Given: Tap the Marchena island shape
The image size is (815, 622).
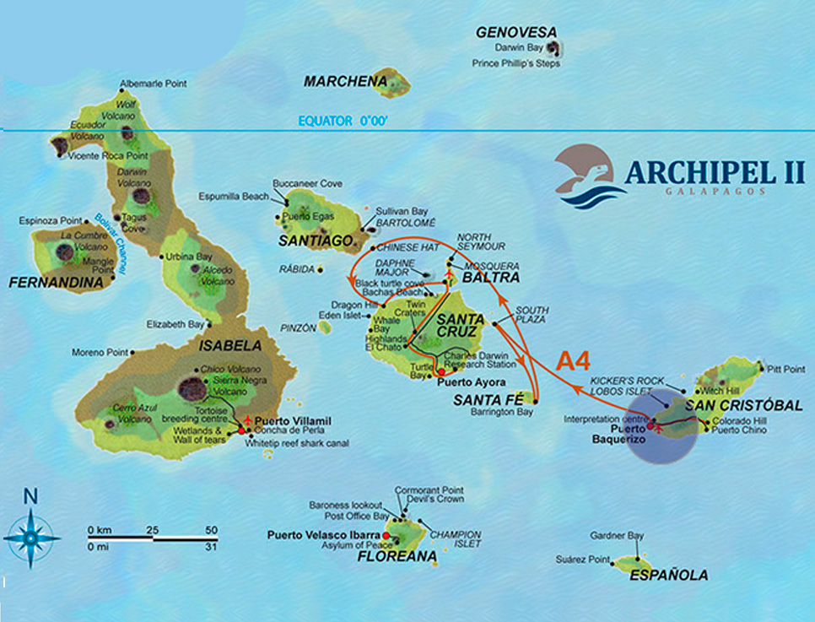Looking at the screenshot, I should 392,83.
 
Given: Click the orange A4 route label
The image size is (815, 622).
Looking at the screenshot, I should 573,361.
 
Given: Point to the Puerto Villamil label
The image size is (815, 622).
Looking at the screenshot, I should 287,421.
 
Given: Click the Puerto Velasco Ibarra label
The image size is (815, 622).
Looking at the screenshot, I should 323,534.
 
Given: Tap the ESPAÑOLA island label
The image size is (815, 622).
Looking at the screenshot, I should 668,576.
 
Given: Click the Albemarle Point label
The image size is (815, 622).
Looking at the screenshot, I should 153,84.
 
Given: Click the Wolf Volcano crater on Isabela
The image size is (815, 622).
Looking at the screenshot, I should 127,133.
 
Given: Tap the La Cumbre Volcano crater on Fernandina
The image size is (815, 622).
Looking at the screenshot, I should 64,252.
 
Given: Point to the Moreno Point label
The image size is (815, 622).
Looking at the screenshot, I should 99,352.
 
